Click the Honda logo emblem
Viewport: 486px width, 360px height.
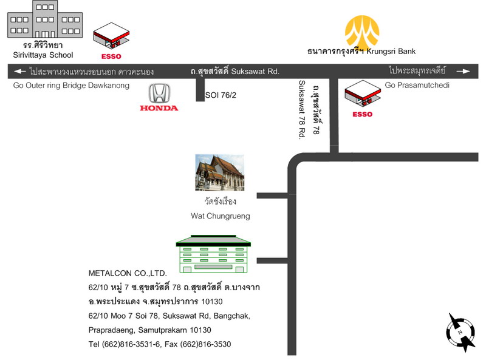pyautogui.click(x=159, y=93)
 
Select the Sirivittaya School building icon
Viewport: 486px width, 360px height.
pyautogui.click(x=45, y=19)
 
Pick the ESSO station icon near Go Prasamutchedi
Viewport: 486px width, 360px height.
pyautogui.click(x=363, y=93)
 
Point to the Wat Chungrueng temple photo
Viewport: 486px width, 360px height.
pyautogui.click(x=220, y=172)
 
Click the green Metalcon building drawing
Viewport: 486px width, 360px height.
pyautogui.click(x=213, y=254)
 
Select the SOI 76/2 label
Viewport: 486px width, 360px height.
pyautogui.click(x=221, y=95)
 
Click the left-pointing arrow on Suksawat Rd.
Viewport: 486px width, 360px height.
pyautogui.click(x=20, y=71)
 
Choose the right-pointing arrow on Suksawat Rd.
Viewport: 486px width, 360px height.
pyautogui.click(x=464, y=71)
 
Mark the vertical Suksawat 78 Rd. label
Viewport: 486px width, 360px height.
pyautogui.click(x=302, y=110)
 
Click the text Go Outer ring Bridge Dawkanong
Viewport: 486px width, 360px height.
pyautogui.click(x=71, y=86)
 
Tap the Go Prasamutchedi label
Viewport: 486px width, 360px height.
pyautogui.click(x=417, y=85)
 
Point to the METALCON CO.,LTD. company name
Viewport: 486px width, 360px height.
pyautogui.click(x=128, y=273)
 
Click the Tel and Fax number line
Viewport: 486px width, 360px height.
pyautogui.click(x=160, y=344)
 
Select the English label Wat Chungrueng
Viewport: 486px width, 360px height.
pyautogui.click(x=221, y=216)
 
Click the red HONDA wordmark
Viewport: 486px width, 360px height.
pyautogui.click(x=159, y=108)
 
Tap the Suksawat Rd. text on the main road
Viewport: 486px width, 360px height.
pyautogui.click(x=255, y=72)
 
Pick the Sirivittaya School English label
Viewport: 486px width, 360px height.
pyautogui.click(x=43, y=55)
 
